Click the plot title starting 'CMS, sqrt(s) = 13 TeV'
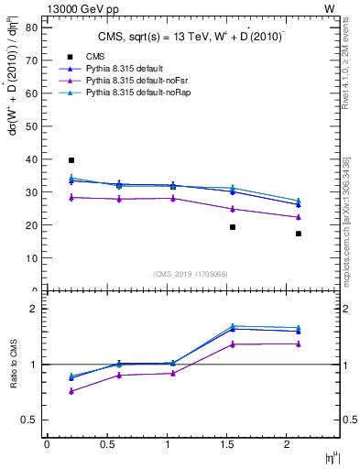190,38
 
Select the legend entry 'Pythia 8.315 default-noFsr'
132,82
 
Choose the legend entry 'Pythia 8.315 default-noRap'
133,93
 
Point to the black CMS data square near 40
71,160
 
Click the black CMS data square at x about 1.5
233,227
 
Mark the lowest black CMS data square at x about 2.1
299,234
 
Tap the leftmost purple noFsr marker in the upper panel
71,197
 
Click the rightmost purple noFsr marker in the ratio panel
299,344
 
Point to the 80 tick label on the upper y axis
30,27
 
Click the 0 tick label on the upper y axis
34,290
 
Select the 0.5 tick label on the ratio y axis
28,420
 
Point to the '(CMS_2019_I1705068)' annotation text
191,273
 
